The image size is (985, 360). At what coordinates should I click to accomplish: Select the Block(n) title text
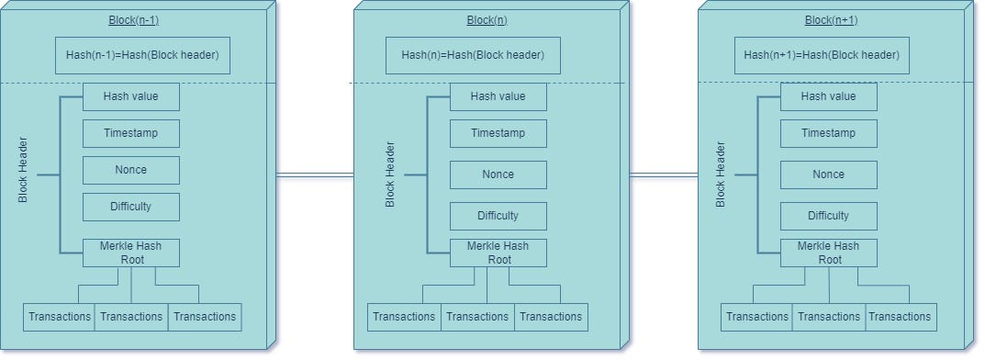click(x=487, y=19)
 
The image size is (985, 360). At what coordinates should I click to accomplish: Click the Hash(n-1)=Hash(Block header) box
click(x=142, y=55)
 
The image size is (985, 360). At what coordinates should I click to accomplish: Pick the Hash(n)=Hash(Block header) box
click(x=473, y=55)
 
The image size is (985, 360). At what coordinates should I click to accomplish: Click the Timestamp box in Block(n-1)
click(x=131, y=133)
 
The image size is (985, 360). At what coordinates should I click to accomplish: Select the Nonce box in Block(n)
click(x=498, y=174)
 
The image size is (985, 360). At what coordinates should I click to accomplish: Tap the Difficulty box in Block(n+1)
click(x=829, y=216)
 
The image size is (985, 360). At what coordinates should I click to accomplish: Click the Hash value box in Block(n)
click(x=498, y=96)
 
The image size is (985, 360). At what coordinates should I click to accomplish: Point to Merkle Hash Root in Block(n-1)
click(x=131, y=253)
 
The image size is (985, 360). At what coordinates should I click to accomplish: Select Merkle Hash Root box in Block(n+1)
click(x=829, y=253)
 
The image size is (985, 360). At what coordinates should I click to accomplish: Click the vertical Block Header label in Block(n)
click(x=390, y=174)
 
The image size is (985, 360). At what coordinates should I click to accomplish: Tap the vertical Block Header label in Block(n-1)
click(x=23, y=170)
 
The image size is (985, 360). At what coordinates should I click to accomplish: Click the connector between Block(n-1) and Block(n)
click(x=315, y=174)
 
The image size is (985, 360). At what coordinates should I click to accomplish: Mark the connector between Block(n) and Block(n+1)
click(x=663, y=174)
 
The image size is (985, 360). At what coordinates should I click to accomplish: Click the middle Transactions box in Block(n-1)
click(x=131, y=317)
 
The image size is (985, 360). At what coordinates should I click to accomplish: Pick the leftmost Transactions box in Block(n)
click(x=403, y=317)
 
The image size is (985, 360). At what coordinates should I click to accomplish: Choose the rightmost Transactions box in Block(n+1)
click(x=901, y=317)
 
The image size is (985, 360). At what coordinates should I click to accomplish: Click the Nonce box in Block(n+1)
click(x=829, y=174)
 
